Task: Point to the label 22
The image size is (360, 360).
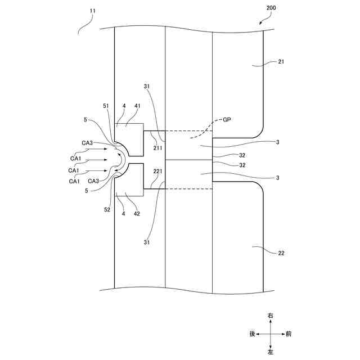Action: click(281, 253)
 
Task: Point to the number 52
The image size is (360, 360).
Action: click(106, 210)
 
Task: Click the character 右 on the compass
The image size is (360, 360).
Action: click(271, 316)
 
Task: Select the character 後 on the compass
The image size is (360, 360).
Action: click(253, 334)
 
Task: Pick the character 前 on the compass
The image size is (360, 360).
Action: click(289, 334)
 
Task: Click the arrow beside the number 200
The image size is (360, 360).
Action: click(262, 21)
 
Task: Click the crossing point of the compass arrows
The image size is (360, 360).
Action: click(271, 334)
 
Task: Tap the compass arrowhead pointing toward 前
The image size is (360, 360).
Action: click(281, 334)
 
